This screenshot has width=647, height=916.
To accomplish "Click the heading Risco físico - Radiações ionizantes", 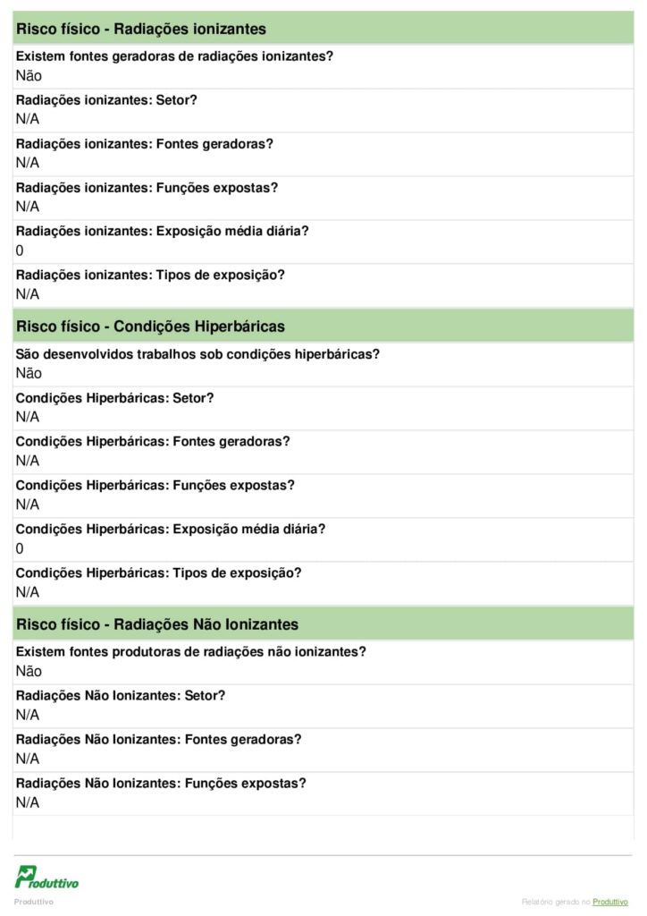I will coord(141,29).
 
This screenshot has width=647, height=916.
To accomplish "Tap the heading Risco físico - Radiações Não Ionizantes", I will coord(157,623).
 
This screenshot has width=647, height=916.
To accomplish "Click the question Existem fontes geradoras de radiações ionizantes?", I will coord(175,56).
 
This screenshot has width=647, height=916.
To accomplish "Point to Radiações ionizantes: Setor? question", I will coord(106,100).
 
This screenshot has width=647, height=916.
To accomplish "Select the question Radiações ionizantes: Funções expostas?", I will coord(147,188).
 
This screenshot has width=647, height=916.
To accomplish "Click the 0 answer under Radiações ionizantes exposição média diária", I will coord(20,250).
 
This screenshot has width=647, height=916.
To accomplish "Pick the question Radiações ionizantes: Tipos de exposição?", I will coord(150,275).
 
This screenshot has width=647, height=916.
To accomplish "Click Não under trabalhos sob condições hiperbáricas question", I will coord(29,373).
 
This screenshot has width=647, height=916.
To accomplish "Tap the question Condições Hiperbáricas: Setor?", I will coord(115,397).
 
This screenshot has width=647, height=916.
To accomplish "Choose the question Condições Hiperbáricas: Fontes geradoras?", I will coord(153,441).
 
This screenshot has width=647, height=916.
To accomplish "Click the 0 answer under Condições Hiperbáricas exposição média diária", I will coord(20,548).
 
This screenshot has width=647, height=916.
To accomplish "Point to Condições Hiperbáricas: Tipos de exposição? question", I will coord(159,572).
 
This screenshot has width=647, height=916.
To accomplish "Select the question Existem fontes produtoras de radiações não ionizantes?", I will coord(191,651).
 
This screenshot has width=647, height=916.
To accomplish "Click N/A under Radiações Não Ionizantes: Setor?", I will coord(28,715).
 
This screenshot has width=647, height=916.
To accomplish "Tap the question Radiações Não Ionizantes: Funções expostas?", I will coord(161,783).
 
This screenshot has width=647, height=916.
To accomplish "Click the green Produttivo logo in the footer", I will coord(46,877).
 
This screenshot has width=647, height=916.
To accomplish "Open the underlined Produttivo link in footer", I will coord(611,902).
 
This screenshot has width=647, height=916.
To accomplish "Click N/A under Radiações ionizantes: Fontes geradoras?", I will coord(28,163).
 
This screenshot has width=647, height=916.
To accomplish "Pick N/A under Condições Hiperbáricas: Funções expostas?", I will coord(28,505).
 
